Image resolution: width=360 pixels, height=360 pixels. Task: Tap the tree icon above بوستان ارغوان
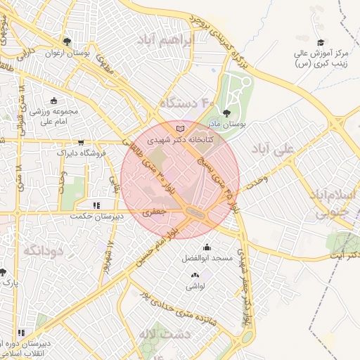click(x=67, y=41)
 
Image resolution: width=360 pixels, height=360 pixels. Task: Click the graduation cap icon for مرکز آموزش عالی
click(x=321, y=43)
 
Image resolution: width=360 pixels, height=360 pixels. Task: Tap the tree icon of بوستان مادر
click(x=226, y=112)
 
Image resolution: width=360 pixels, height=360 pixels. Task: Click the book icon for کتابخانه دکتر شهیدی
click(x=182, y=129)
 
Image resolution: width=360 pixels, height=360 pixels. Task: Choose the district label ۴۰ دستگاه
click(x=186, y=103)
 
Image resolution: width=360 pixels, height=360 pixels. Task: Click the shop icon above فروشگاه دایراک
click(x=82, y=141)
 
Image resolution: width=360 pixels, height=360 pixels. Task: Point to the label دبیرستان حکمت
click(x=96, y=217)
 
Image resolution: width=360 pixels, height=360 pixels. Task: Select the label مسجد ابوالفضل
click(x=207, y=259)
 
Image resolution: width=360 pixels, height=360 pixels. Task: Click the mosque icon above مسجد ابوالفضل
click(x=207, y=247)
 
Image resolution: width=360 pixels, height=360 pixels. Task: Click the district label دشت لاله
click(x=162, y=334)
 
